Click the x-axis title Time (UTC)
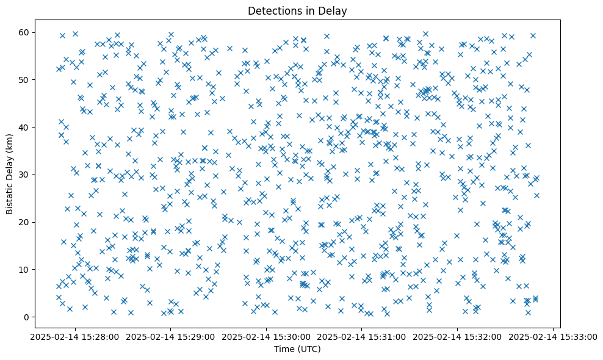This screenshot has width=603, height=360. click(297, 349)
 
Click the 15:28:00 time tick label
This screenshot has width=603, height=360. click(74, 337)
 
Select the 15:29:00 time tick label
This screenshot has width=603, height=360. click(170, 337)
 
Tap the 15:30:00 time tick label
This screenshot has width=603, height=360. click(266, 337)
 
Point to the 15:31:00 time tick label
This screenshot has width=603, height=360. click(362, 337)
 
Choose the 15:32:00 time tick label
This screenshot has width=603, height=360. click(458, 337)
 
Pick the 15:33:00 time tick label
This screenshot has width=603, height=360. click(554, 337)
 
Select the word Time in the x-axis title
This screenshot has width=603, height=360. click(283, 349)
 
